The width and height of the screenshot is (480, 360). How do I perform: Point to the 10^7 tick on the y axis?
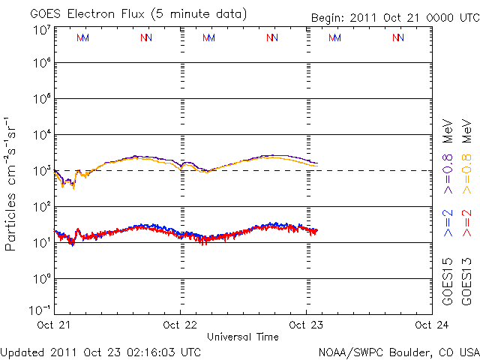tap(41, 30)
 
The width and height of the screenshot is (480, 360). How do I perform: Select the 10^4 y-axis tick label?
tap(41, 135)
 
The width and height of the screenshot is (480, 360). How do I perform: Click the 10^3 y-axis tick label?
tap(41, 171)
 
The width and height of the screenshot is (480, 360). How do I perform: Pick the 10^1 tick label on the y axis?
tap(41, 243)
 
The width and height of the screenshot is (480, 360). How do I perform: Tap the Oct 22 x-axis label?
tap(181, 325)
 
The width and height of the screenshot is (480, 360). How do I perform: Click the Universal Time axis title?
tap(243, 337)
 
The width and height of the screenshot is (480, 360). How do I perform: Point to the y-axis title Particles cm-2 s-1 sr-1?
tap(13, 184)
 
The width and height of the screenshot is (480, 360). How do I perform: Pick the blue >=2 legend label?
tap(448, 222)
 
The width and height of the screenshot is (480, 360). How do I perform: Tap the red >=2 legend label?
tap(466, 222)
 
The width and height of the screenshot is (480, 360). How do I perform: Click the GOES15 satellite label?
tap(448, 282)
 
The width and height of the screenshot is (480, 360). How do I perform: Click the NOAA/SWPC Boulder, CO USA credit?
tap(398, 352)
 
